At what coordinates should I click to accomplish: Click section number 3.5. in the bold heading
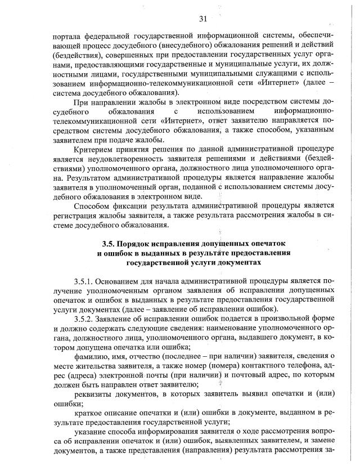pos(110,244)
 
